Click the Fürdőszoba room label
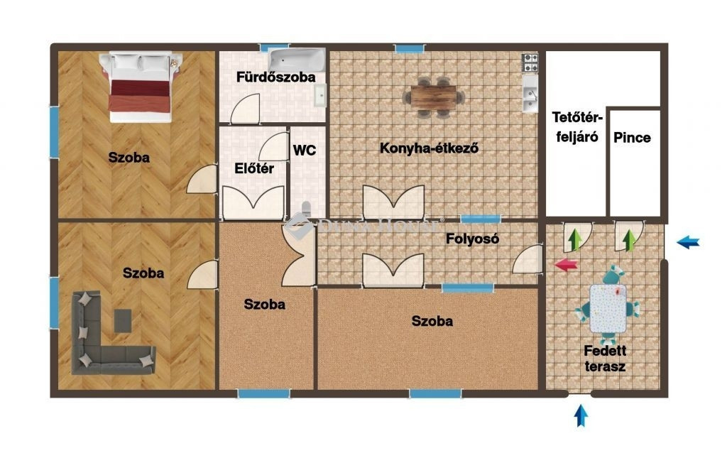click(276, 77)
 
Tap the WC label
click(305, 151)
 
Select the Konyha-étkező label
click(429, 148)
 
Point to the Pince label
click(632, 138)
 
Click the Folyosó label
click(472, 239)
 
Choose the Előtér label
click(254, 168)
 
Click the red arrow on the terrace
click(566, 265)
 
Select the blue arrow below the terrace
click(581, 415)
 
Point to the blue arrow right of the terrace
click(688, 242)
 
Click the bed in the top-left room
click(141, 87)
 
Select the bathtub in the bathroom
click(297, 60)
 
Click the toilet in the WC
click(307, 210)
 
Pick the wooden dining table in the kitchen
click(434, 97)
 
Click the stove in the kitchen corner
click(530, 62)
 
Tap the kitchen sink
click(530, 94)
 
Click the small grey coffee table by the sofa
click(123, 321)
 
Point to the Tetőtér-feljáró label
click(577, 127)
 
